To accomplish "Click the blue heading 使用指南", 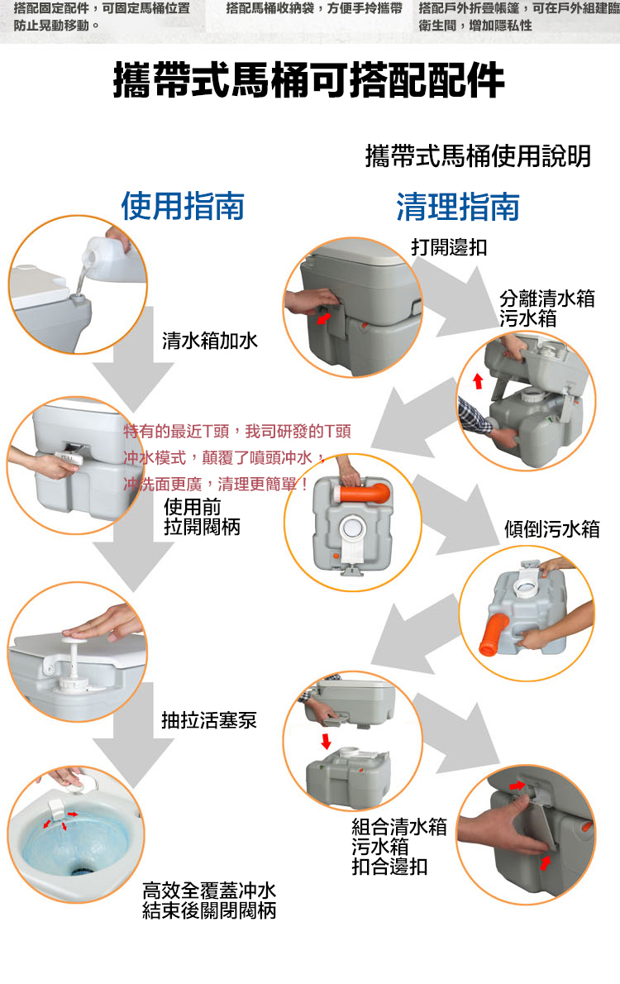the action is pyautogui.click(x=183, y=207).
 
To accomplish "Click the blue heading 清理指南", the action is pyautogui.click(x=457, y=207).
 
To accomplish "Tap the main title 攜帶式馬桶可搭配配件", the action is pyautogui.click(x=308, y=80).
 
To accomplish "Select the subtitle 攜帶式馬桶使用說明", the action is pyautogui.click(x=478, y=155).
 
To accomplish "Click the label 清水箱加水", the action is pyautogui.click(x=210, y=341).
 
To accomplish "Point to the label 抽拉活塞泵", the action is pyautogui.click(x=209, y=720).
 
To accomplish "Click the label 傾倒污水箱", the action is pyautogui.click(x=552, y=529).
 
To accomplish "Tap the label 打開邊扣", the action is pyautogui.click(x=449, y=247).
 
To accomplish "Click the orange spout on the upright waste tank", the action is pyautogui.click(x=365, y=492).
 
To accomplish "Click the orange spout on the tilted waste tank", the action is pyautogui.click(x=494, y=634).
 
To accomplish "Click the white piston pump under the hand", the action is pyautogui.click(x=74, y=658).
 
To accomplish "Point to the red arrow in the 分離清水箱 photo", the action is pyautogui.click(x=478, y=381).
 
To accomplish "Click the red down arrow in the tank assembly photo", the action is pyautogui.click(x=326, y=741).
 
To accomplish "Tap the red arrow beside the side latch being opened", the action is pyautogui.click(x=323, y=318).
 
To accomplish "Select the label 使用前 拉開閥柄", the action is pyautogui.click(x=202, y=517).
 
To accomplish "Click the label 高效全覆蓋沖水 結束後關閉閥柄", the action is pyautogui.click(x=209, y=900).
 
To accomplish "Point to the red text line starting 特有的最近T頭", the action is pyautogui.click(x=237, y=431).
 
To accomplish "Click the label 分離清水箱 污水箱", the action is pyautogui.click(x=547, y=308).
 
